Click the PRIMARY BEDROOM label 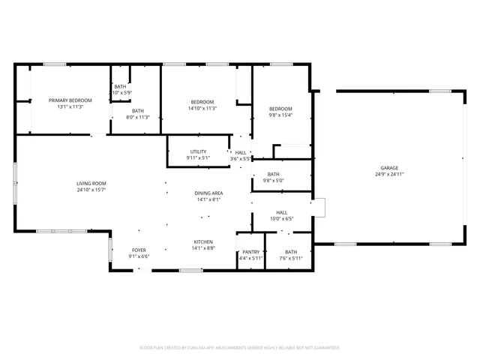click(70, 100)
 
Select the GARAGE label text click(389, 168)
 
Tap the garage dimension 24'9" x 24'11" click(389, 174)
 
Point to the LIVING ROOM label click(91, 184)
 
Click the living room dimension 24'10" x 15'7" click(91, 190)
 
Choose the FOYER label click(139, 250)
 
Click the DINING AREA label click(209, 193)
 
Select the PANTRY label click(251, 252)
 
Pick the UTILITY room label click(198, 151)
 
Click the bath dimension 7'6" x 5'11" click(291, 258)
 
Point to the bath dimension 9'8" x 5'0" click(274, 180)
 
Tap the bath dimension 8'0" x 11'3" click(139, 116)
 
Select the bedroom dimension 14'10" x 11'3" click(202, 108)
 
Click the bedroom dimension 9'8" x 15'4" click(280, 115)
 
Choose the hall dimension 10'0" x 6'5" click(282, 219)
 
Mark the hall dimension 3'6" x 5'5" click(241, 158)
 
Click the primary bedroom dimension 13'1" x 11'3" click(70, 106)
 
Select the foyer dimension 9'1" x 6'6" click(139, 256)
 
